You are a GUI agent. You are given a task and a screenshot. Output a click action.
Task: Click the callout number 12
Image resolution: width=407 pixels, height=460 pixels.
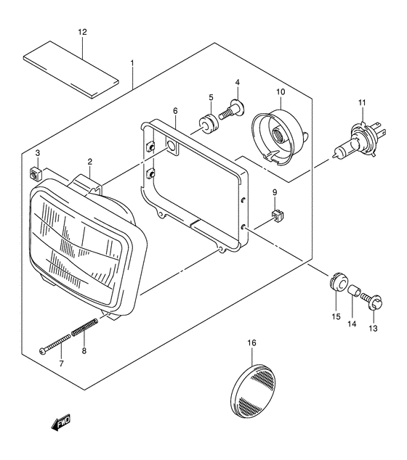click(83, 32)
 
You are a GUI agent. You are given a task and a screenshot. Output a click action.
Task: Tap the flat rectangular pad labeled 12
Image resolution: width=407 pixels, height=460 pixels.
click(71, 70)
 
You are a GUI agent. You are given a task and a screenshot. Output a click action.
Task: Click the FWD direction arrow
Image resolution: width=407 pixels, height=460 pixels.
click(61, 422)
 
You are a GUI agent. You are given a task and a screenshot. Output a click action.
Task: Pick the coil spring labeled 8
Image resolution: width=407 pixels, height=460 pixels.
click(84, 326)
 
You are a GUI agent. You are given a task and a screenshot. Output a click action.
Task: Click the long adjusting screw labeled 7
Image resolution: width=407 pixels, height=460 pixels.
click(55, 344)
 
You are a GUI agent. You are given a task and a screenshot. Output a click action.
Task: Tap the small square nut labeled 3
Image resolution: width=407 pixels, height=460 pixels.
click(36, 175)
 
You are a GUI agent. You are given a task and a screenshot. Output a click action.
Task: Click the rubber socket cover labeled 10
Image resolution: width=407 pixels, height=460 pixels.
click(279, 135)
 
